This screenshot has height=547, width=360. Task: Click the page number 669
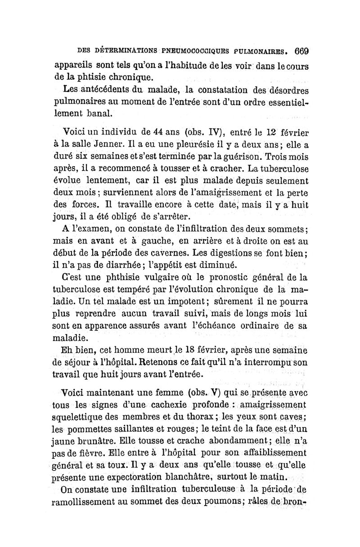299,50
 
